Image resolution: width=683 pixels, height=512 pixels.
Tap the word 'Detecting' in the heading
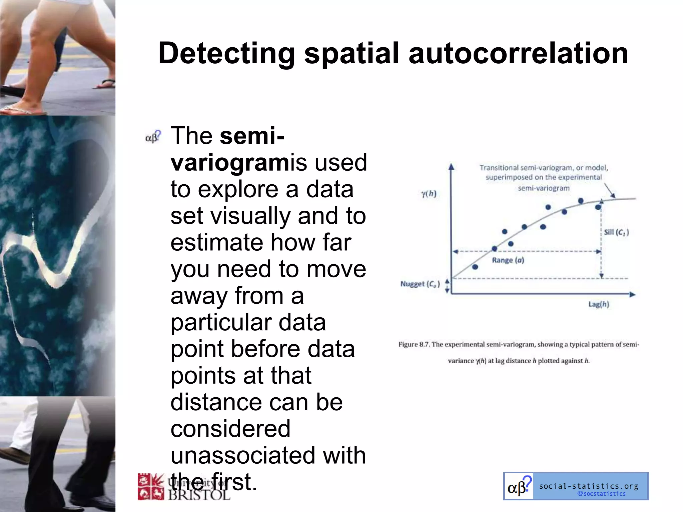point(226,54)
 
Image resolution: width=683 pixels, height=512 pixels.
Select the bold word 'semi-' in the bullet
point(252,136)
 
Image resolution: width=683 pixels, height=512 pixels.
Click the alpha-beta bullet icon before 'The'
point(153,137)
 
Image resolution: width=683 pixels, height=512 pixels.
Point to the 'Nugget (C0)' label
point(420,284)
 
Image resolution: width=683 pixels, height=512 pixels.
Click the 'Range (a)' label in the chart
point(508,260)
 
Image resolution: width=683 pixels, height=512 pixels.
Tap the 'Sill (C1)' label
point(616,232)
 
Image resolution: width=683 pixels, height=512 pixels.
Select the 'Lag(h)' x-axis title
point(599,304)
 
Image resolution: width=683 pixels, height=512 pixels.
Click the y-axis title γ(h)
point(429,194)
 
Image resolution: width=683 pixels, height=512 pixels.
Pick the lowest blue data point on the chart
point(475,267)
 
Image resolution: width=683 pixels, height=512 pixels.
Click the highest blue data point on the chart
point(581,201)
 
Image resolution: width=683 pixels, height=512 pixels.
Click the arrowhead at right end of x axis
point(632,294)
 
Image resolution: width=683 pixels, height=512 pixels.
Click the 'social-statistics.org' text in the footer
point(589,486)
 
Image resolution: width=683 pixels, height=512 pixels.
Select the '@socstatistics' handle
point(601,494)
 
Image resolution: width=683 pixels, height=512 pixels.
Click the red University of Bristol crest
point(151,487)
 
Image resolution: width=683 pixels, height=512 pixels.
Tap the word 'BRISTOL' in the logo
point(199,494)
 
